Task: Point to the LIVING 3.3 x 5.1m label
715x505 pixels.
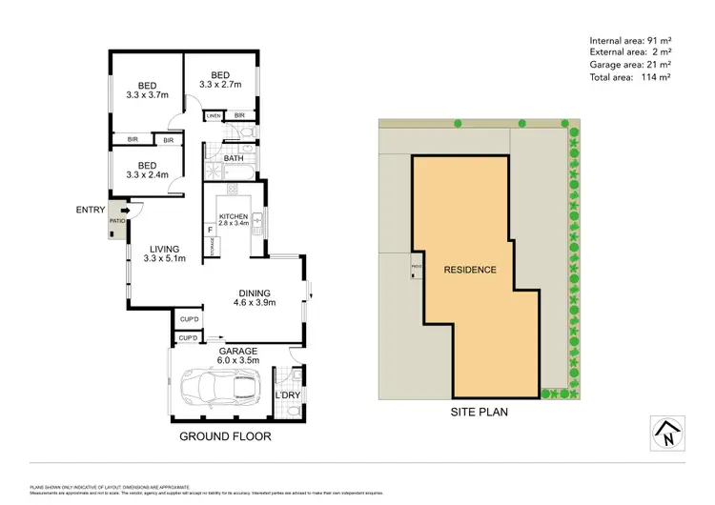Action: click(163, 252)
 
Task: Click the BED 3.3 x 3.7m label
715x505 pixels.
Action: click(148, 88)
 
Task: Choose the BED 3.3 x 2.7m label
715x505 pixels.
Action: click(220, 80)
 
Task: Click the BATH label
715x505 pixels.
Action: click(234, 158)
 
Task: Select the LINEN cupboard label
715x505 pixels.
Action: click(213, 116)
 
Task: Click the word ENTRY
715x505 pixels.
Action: click(91, 209)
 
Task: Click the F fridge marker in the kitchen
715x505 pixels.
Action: click(209, 230)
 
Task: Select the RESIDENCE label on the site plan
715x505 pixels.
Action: click(470, 270)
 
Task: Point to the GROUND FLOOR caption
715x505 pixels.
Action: click(225, 436)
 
